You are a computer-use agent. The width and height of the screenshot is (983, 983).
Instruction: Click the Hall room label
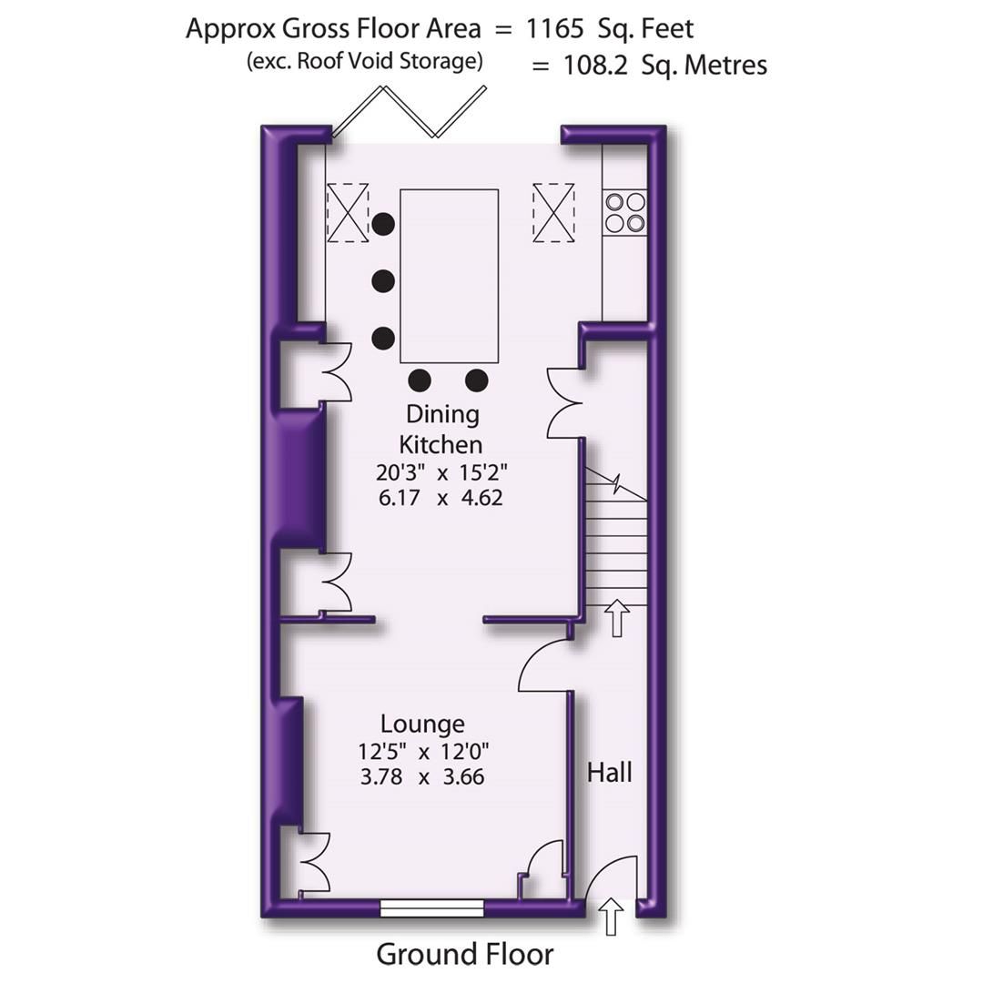pos(609,773)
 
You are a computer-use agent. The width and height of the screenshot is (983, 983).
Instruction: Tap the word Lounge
pos(422,724)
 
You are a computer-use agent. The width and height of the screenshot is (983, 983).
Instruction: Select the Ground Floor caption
pos(464,954)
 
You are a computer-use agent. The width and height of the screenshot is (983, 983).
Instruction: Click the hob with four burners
pos(624,211)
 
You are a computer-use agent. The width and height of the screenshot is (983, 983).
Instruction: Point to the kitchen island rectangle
pos(450,276)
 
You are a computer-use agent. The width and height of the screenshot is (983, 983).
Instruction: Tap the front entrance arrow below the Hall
pos(611,916)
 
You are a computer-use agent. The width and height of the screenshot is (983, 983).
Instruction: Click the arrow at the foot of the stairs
pos(617,618)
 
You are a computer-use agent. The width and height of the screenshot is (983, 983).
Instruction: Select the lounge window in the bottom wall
pos(431,907)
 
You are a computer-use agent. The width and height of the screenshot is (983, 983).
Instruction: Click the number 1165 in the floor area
pos(554,28)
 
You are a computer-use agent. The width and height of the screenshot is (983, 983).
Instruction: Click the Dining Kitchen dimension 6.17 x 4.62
pos(440,498)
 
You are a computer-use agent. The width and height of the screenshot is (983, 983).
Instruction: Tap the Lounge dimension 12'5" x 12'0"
pos(424,752)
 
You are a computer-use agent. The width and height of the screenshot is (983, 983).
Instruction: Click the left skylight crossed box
pos(348,212)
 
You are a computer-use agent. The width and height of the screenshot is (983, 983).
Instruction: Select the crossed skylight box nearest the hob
pos(553,212)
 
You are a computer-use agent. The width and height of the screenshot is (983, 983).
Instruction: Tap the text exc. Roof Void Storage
pos(363,61)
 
